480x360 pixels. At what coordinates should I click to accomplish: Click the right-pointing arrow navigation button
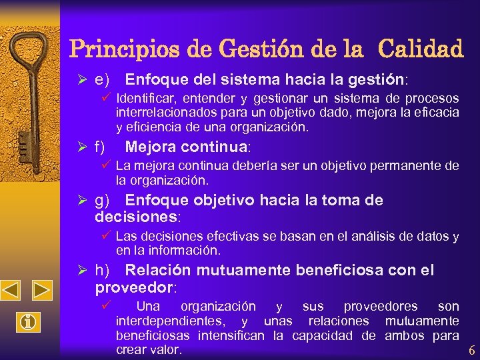coord(43,291)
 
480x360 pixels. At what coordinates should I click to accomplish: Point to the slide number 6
coord(471,351)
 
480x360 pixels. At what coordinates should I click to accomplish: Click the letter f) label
coord(100,147)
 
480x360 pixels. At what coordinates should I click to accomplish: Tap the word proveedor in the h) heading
coord(133,287)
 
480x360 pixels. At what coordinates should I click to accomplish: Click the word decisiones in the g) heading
coord(136,217)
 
